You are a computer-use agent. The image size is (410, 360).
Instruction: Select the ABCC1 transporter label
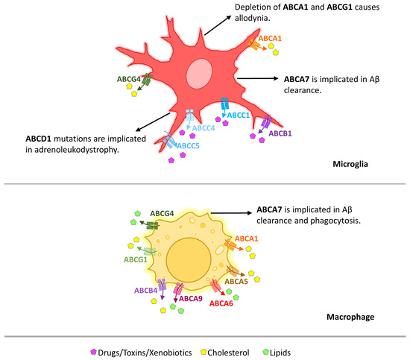click(x=239, y=116)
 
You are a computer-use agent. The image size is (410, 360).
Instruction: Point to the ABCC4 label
click(x=204, y=127)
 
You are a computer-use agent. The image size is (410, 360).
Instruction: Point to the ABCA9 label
click(x=189, y=298)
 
